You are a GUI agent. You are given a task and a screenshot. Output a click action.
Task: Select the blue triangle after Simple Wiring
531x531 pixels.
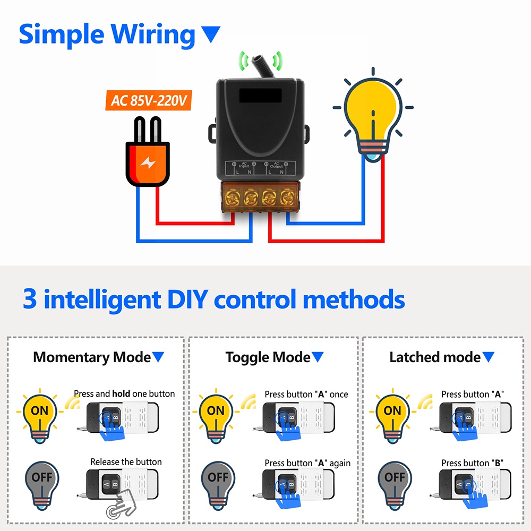pos(211,35)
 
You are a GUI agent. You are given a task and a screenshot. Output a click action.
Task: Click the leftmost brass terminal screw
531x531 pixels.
pos(233,200)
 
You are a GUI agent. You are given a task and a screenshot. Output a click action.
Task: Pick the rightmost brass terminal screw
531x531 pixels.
pos(287,200)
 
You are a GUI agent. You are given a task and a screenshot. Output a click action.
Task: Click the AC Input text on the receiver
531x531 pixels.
pos(244,165)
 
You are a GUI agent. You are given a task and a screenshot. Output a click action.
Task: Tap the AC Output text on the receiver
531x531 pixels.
pos(276,165)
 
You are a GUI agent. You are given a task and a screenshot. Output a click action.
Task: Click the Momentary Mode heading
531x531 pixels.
pos(92,357)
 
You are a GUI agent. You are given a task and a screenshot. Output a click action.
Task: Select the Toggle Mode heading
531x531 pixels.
pos(268,357)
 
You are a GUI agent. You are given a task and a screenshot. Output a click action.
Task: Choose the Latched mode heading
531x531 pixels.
pos(435,357)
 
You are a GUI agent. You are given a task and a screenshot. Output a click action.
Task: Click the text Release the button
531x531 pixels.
pos(126,462)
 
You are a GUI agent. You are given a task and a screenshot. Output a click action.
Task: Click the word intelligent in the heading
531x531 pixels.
pos(102,300)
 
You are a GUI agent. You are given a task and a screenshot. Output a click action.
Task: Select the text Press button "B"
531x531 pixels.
pos(472,463)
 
